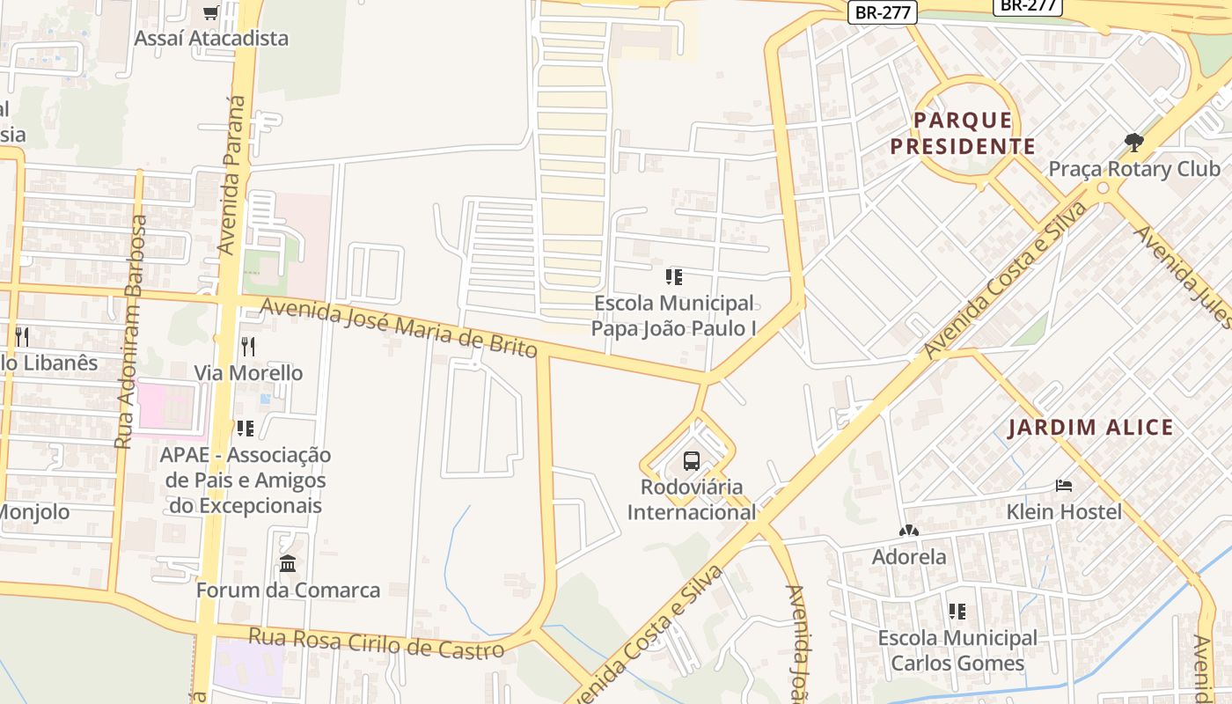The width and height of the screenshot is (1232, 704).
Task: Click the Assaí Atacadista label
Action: (211, 38)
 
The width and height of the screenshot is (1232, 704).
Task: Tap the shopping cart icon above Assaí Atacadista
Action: (210, 12)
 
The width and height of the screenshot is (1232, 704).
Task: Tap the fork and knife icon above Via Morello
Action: (248, 347)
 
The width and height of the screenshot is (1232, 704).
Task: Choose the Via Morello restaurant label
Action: (248, 372)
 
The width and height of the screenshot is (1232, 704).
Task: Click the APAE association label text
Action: (246, 480)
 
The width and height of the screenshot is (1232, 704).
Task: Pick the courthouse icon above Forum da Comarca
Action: (288, 563)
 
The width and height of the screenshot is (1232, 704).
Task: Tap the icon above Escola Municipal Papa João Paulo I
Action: (674, 277)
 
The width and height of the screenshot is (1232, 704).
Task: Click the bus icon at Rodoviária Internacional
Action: (692, 460)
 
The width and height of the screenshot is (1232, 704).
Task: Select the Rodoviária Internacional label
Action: (692, 499)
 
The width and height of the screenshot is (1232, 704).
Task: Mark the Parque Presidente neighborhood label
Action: (963, 133)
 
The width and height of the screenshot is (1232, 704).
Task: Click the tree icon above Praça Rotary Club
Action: (1134, 142)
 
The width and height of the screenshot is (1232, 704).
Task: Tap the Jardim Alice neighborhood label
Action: (1090, 428)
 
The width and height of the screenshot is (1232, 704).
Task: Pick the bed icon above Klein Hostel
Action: (1064, 486)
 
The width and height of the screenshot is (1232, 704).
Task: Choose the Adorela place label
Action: (909, 557)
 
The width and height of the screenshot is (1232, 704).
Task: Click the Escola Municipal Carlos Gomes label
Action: (957, 650)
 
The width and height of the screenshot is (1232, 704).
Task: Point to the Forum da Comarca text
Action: (288, 590)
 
